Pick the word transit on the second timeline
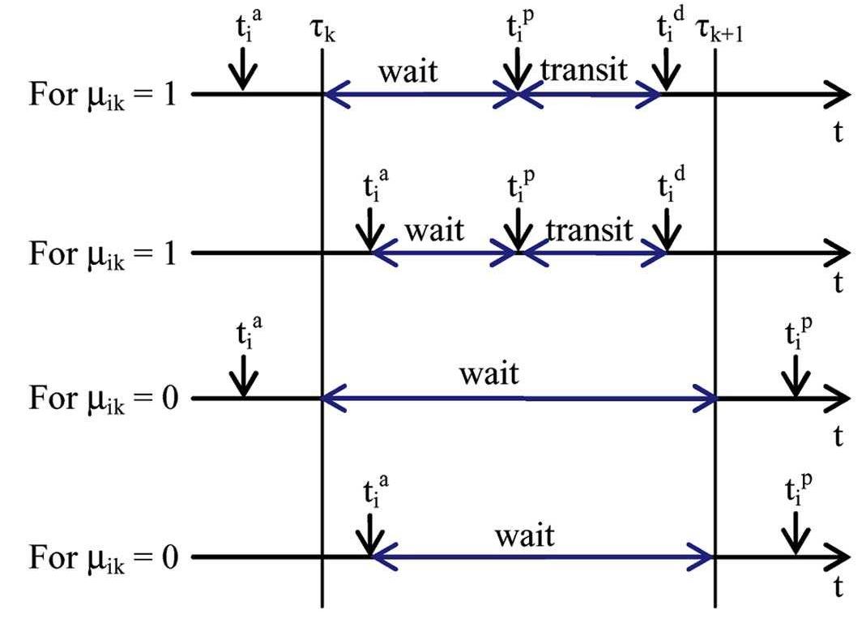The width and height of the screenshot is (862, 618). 588,230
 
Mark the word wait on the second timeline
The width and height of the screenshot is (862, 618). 434,230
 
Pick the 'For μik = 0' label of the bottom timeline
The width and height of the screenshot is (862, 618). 103,557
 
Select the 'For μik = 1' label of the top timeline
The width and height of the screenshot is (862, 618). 103,95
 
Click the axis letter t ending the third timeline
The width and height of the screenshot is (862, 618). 839,437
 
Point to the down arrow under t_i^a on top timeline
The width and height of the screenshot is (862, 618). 242,73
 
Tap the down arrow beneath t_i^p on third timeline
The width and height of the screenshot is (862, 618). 796,377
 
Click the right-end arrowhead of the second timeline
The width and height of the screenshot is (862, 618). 834,254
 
